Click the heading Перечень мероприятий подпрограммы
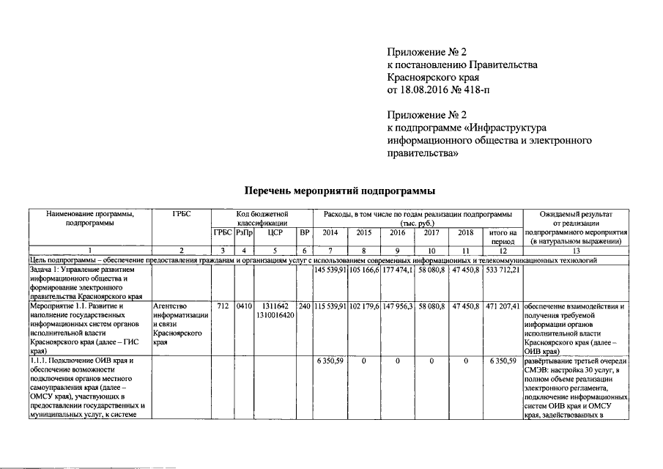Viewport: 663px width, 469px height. coord(338,191)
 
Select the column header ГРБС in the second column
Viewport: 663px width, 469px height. coord(181,213)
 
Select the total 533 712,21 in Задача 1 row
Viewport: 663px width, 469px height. coord(503,270)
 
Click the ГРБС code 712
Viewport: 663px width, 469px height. coord(223,306)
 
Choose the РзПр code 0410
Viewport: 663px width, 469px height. coord(243,306)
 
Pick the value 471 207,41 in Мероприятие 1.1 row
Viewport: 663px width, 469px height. coord(503,306)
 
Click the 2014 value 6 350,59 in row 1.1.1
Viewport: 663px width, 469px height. coord(330,361)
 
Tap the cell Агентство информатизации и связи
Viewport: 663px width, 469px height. coord(178,319)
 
